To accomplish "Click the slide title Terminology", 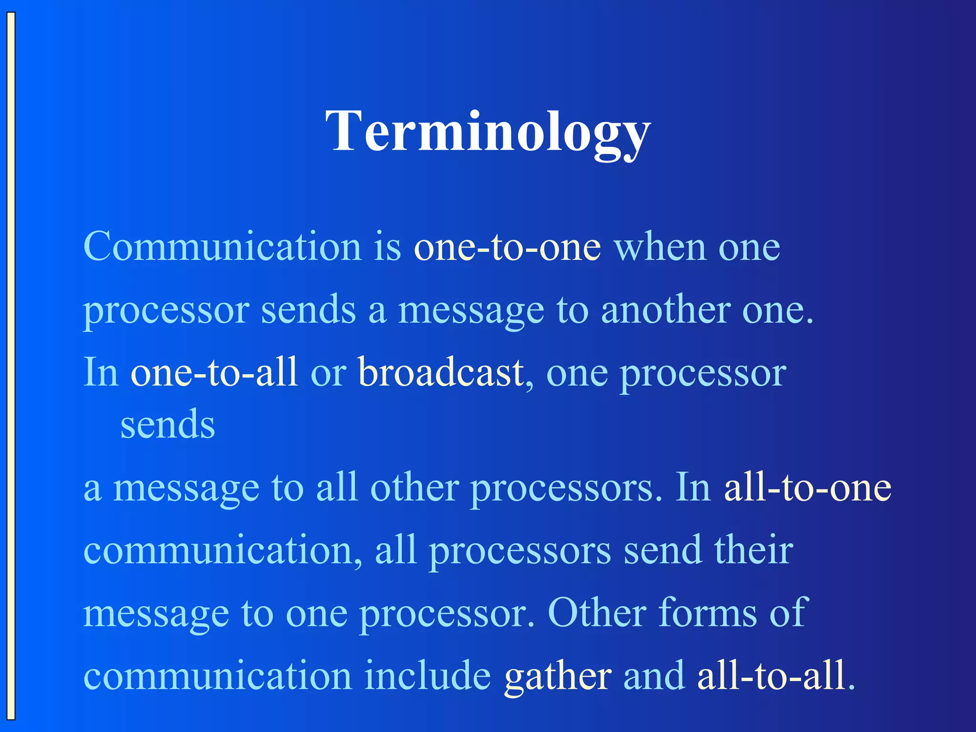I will (x=488, y=131).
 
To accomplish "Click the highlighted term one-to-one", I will (x=507, y=248).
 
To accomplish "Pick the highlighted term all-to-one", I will (x=807, y=488).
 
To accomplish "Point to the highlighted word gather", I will (x=558, y=676).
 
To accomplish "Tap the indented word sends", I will (x=168, y=424).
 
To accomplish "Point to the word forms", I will (x=707, y=613).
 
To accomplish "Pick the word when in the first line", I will (x=660, y=248).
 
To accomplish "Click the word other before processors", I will (x=415, y=488).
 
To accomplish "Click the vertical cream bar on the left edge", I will (x=11, y=366).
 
